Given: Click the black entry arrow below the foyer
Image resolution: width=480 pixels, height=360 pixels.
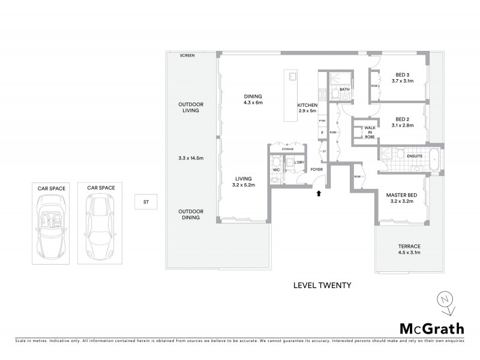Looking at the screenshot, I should tap(319, 193).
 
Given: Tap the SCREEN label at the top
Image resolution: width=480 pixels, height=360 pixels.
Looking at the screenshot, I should tap(187, 55).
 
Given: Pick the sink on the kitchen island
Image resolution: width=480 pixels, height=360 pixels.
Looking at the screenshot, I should tap(292, 77).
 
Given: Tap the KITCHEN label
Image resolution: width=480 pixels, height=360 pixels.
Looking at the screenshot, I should tap(307, 105).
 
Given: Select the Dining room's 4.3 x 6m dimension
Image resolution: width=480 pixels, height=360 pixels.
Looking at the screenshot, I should tap(253, 103).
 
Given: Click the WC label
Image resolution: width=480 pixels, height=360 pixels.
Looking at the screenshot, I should tap(277, 170).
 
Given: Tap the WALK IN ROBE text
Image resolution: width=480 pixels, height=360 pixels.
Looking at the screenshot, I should tap(370, 132).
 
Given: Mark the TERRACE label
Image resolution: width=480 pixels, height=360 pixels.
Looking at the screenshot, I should tap(409, 246).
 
